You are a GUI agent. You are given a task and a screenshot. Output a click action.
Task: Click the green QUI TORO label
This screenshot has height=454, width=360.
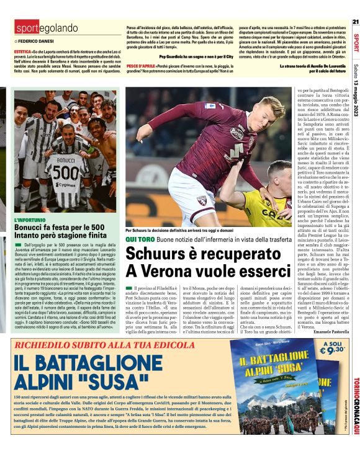138,239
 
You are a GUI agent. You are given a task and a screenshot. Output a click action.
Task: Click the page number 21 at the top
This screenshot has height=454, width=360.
355,22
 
